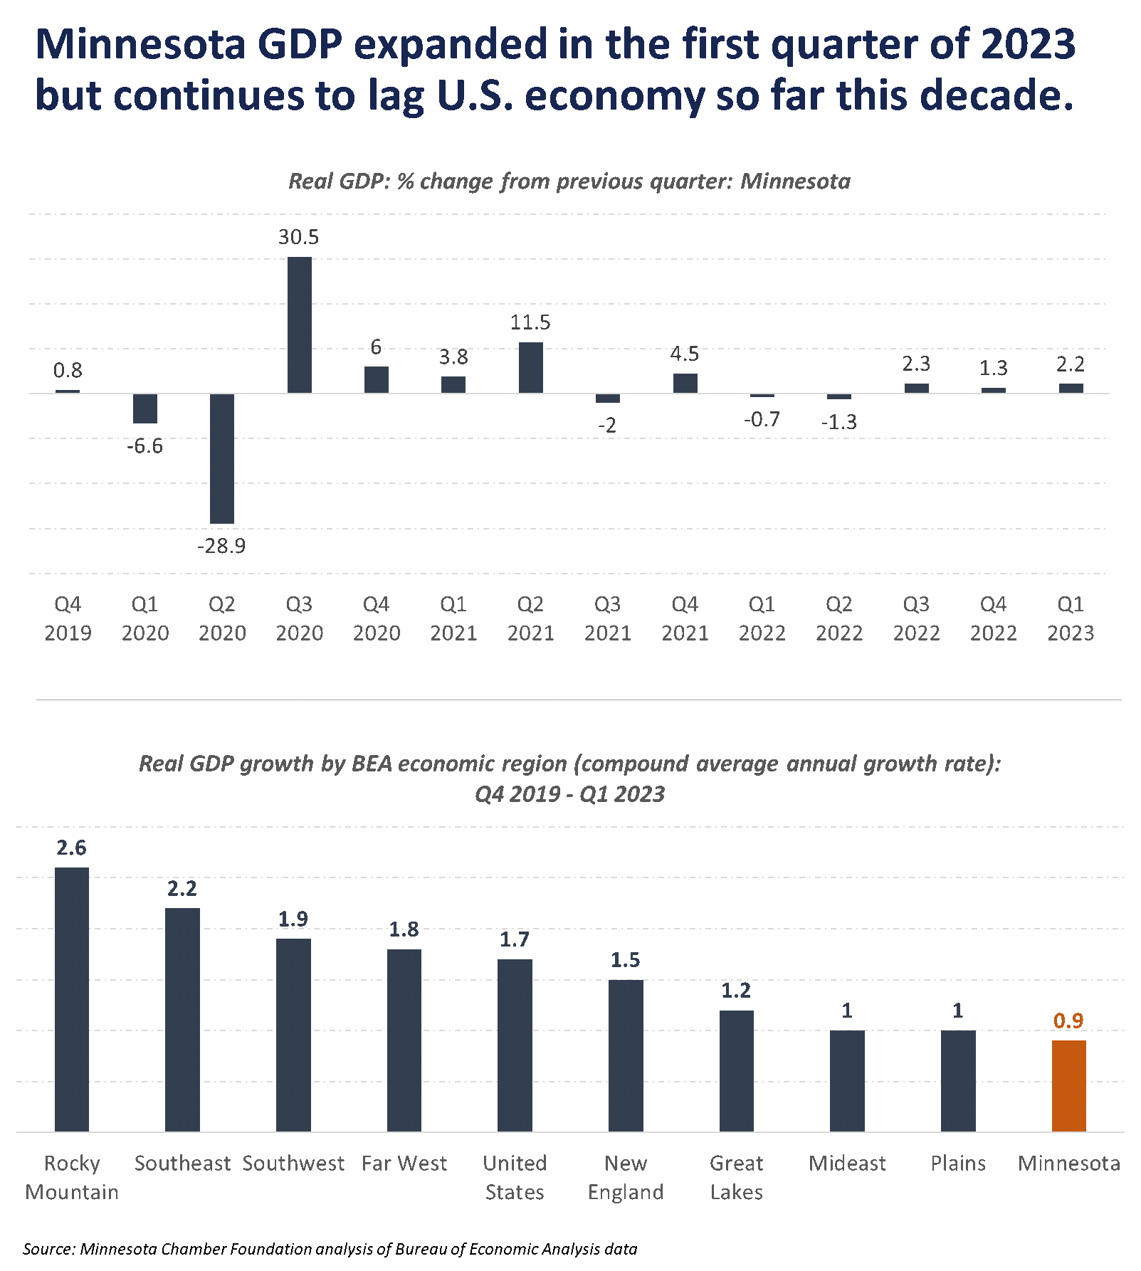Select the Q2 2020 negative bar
(x=222, y=458)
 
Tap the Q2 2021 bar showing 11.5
(x=530, y=367)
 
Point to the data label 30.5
(x=298, y=237)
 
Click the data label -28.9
(x=221, y=546)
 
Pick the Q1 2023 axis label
(x=1070, y=618)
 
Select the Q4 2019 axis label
(x=68, y=618)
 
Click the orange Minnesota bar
(x=1068, y=1086)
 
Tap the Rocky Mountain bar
(x=72, y=999)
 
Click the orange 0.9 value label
(x=1068, y=1021)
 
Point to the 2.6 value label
(x=71, y=848)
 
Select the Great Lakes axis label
(x=736, y=1177)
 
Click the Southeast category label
(x=182, y=1163)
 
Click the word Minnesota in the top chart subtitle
(x=795, y=181)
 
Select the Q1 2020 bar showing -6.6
(x=145, y=408)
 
